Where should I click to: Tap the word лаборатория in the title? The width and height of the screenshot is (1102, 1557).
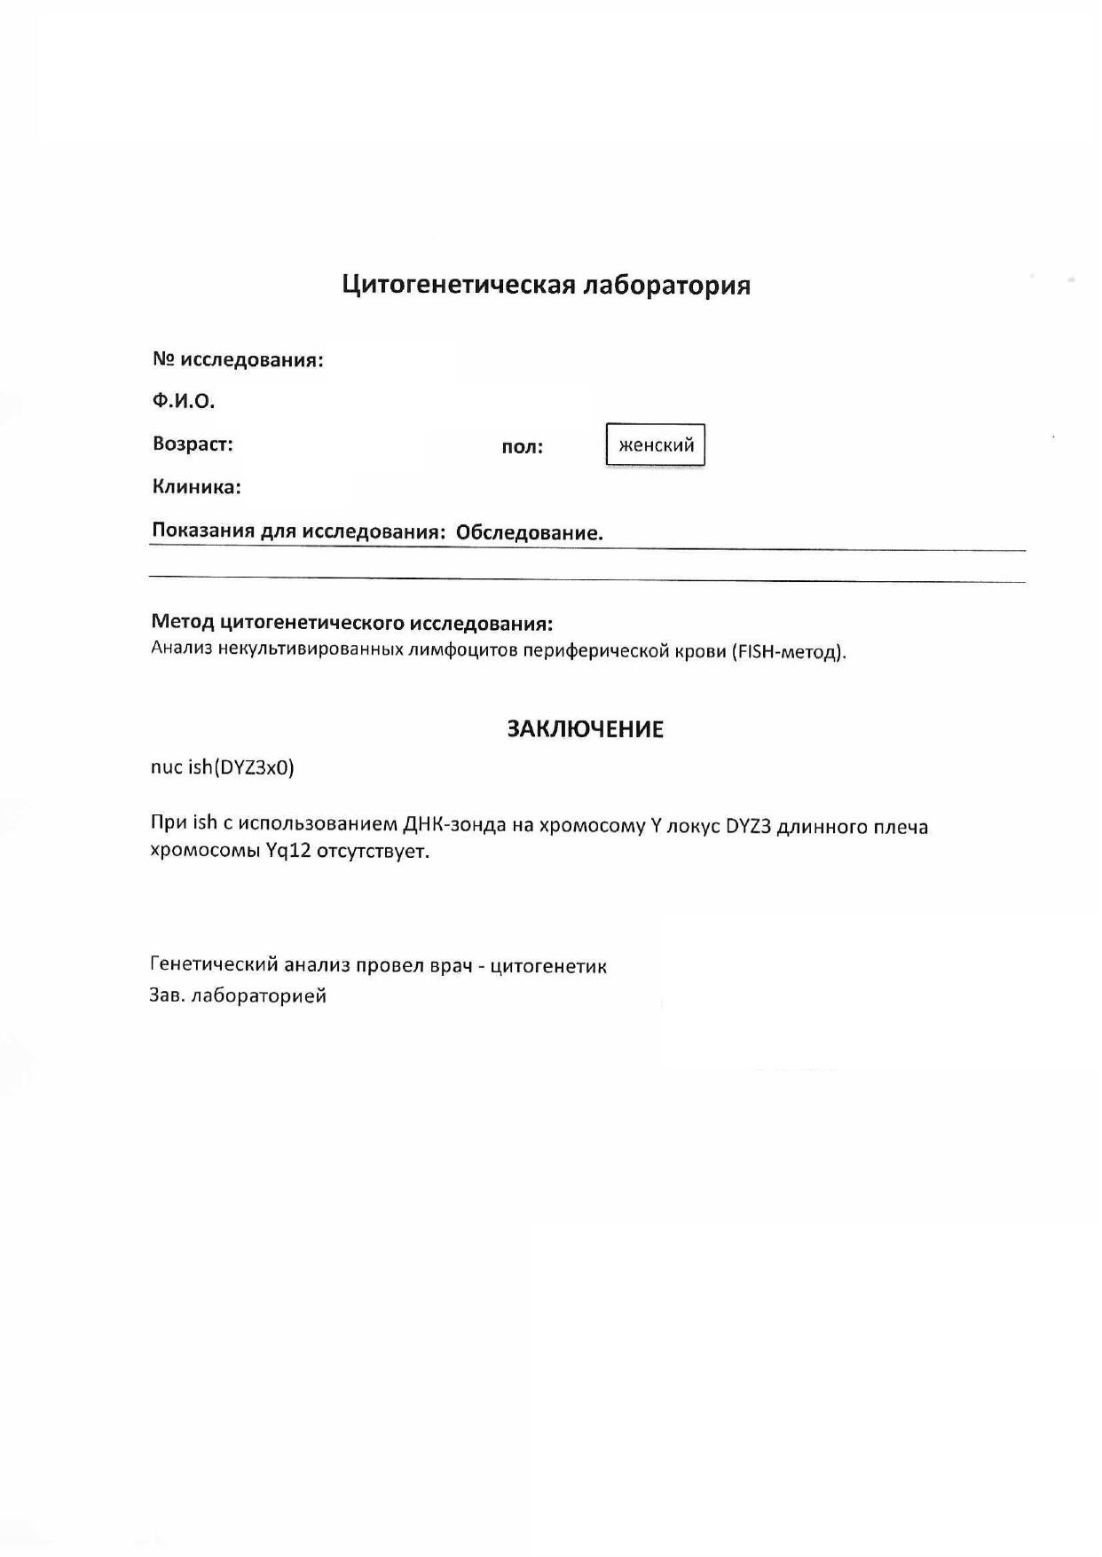(x=665, y=285)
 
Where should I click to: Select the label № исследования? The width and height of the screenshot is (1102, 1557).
(x=238, y=360)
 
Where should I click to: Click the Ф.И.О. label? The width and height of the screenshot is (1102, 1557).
(x=184, y=401)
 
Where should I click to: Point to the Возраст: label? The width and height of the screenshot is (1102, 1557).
(x=193, y=444)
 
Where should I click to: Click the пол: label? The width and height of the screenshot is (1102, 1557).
(x=522, y=447)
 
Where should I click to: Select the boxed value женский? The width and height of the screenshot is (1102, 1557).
(x=656, y=445)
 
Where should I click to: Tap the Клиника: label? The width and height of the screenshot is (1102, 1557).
(x=197, y=487)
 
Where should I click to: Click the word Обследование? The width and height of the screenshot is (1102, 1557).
(x=529, y=533)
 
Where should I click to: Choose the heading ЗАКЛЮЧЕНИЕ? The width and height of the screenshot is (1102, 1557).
(x=585, y=729)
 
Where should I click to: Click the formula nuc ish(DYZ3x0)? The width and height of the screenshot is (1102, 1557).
(x=222, y=767)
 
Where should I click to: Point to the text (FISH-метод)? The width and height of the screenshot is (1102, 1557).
(x=789, y=652)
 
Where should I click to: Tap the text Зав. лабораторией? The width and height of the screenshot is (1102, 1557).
(x=238, y=996)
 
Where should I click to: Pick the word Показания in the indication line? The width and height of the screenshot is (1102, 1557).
(x=202, y=531)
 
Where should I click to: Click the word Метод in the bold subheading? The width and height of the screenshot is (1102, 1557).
(x=182, y=623)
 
